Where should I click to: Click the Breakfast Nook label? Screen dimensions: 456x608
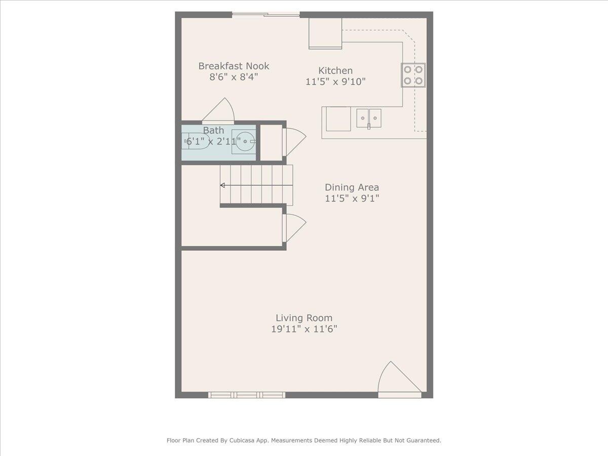(234, 66)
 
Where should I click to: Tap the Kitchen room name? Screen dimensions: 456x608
(335, 70)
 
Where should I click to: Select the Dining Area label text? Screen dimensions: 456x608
(352, 187)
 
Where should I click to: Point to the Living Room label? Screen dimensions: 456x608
(304, 318)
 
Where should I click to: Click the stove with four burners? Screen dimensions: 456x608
(413, 75)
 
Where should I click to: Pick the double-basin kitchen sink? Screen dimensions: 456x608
(368, 118)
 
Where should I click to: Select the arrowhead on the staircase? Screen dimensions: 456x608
(222, 185)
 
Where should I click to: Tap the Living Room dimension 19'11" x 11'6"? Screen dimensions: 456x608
(304, 329)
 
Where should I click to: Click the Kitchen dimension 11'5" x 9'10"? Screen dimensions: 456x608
(335, 82)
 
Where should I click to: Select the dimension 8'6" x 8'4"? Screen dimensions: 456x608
(234, 77)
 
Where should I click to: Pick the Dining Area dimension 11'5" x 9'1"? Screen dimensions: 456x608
(352, 199)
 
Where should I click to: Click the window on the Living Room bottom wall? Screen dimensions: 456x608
(247, 395)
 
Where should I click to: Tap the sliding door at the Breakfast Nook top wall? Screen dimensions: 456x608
(266, 15)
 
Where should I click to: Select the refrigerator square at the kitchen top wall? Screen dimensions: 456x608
(325, 33)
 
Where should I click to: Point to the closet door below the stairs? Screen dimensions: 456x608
(293, 227)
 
